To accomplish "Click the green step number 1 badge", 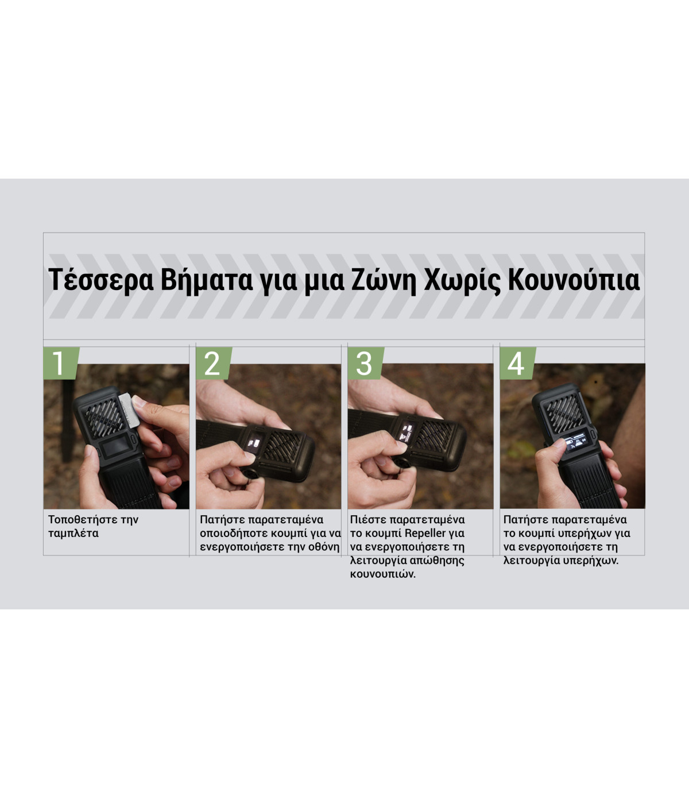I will pos(59,363).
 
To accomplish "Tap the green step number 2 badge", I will pos(212,363).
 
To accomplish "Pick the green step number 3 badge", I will pos(364,363).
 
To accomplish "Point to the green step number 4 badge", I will pos(516,363).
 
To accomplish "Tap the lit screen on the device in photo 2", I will pos(253,442).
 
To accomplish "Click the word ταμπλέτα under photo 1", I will pos(73,534).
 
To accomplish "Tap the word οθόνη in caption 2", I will pos(324,547).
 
